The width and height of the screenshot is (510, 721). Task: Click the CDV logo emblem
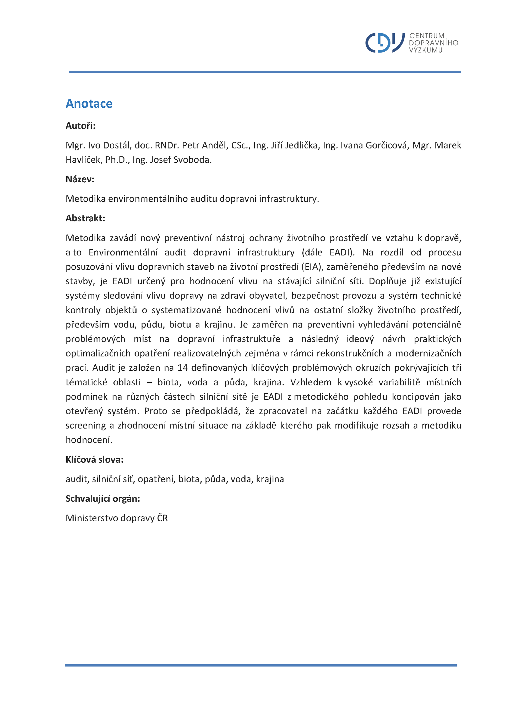tap(385, 43)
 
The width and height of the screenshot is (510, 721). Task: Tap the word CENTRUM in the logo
tap(427, 36)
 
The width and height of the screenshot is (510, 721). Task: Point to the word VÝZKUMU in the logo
tap(426, 50)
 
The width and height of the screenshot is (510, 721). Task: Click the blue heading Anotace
tap(89, 104)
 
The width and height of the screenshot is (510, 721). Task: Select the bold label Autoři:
tap(80, 126)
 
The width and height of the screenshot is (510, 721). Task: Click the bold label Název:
tap(80, 179)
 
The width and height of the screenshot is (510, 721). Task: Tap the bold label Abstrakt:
tap(85, 218)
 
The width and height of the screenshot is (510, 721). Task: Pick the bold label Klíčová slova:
tap(94, 460)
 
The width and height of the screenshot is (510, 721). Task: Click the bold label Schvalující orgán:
tap(103, 499)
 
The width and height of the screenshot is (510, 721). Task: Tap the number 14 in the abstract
tap(182, 368)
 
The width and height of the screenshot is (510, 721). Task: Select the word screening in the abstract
tap(86, 425)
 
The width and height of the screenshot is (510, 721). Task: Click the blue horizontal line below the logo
tap(265, 72)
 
